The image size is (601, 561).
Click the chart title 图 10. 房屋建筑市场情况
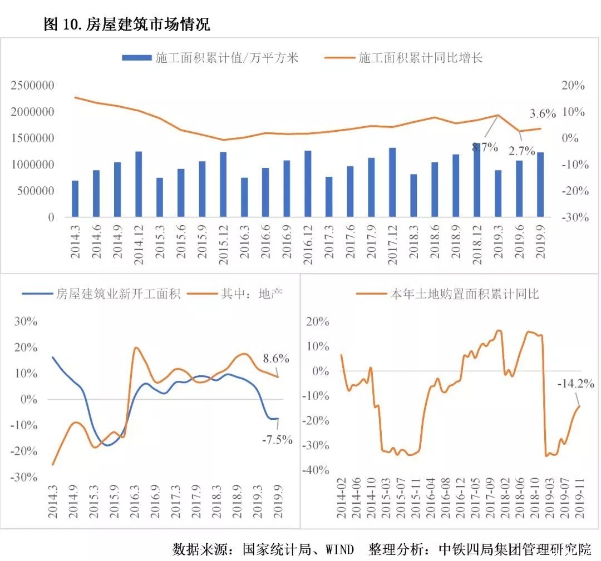[x=127, y=24]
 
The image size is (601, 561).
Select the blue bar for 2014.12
[x=139, y=184]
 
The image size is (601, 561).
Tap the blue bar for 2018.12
[x=476, y=180]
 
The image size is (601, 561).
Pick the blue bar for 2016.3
[x=244, y=197]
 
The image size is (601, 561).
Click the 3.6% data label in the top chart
[x=542, y=114]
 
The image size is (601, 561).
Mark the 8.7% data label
[x=485, y=147]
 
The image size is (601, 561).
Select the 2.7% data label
[x=521, y=151]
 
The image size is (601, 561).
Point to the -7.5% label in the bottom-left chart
[x=277, y=439]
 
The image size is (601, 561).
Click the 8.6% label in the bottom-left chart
[x=275, y=359]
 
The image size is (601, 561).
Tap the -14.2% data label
[x=576, y=384]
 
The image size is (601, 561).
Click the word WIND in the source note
[x=339, y=549]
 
